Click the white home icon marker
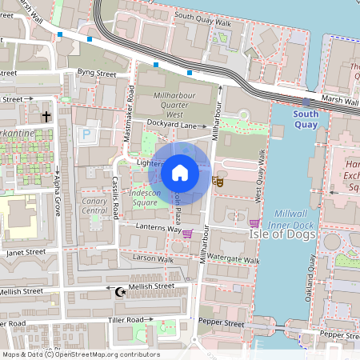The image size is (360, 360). point(180,172)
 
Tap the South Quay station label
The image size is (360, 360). point(306,119)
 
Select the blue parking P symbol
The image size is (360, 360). point(86,136)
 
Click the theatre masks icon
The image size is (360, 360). point(216,182)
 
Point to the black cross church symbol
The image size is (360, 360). point(46,117)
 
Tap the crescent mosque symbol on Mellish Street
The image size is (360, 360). point(122,293)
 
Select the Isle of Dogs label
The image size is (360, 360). point(276,234)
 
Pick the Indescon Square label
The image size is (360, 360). point(134,198)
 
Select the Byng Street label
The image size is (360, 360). point(97,73)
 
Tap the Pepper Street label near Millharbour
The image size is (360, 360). point(223,324)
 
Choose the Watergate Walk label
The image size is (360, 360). point(234,260)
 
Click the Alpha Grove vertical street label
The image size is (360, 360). point(57,197)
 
